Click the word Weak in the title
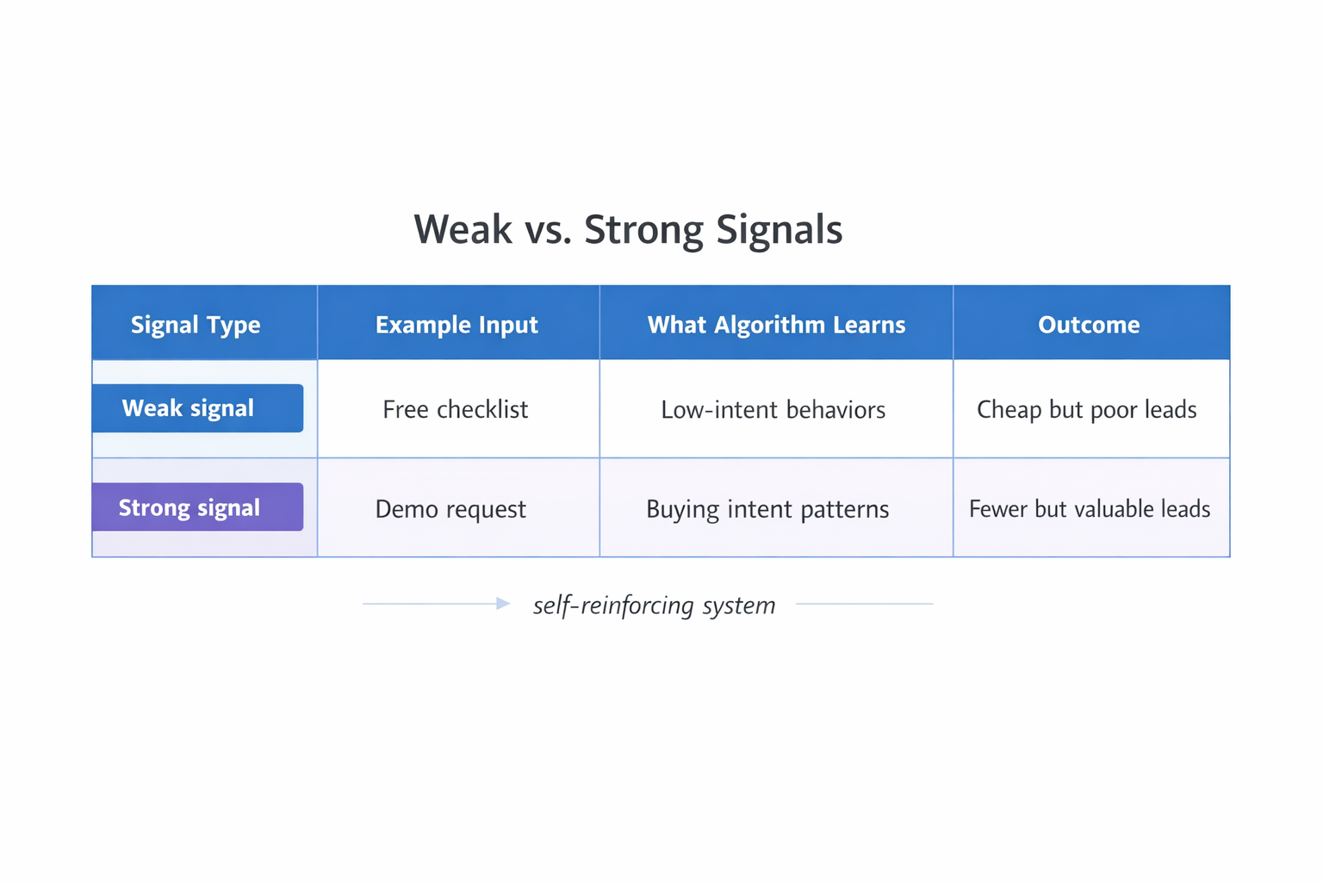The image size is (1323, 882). pos(463,230)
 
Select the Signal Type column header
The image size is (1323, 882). pos(196,325)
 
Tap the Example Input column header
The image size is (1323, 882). pos(457,325)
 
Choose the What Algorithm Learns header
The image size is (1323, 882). pos(776,325)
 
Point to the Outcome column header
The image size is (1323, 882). pos(1089,325)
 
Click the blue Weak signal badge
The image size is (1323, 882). pos(197,408)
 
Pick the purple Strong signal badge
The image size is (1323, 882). pos(197,507)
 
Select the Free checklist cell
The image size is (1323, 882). pos(456,409)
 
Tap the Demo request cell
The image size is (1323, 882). pos(450,509)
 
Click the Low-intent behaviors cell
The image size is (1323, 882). pos(773,409)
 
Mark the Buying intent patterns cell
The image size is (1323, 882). pos(767,509)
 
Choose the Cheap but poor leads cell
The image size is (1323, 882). pos(1086,409)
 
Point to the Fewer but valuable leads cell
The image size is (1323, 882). pos(1090,509)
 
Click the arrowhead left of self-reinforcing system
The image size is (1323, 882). pos(503,604)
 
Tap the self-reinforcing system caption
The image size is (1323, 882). pos(654,605)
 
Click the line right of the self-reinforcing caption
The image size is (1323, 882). pos(864,604)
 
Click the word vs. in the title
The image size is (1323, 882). pos(548,230)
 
